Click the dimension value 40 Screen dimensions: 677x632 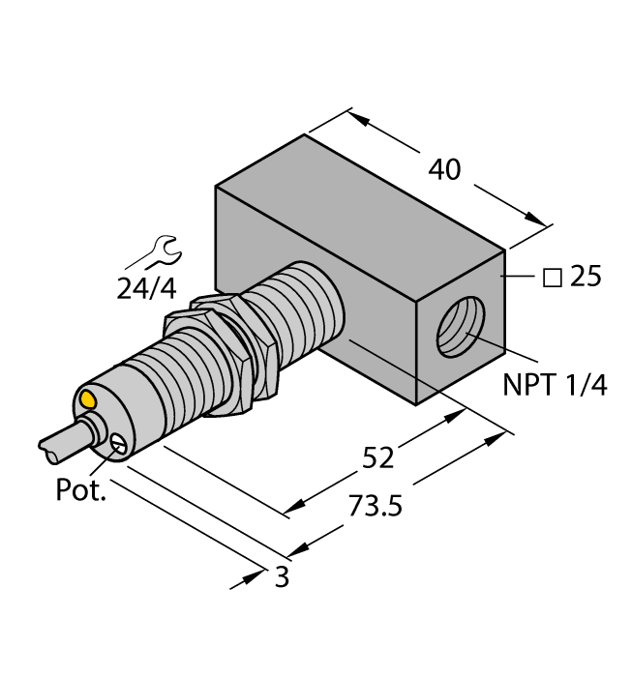pos(444,170)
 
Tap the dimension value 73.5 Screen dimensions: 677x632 pos(369,507)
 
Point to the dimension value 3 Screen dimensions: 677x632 pos(282,578)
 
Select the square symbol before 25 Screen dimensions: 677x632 pos(554,278)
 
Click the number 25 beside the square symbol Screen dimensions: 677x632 pos(585,278)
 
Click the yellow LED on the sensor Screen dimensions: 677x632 pos(88,398)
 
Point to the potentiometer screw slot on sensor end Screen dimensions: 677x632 pos(118,444)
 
